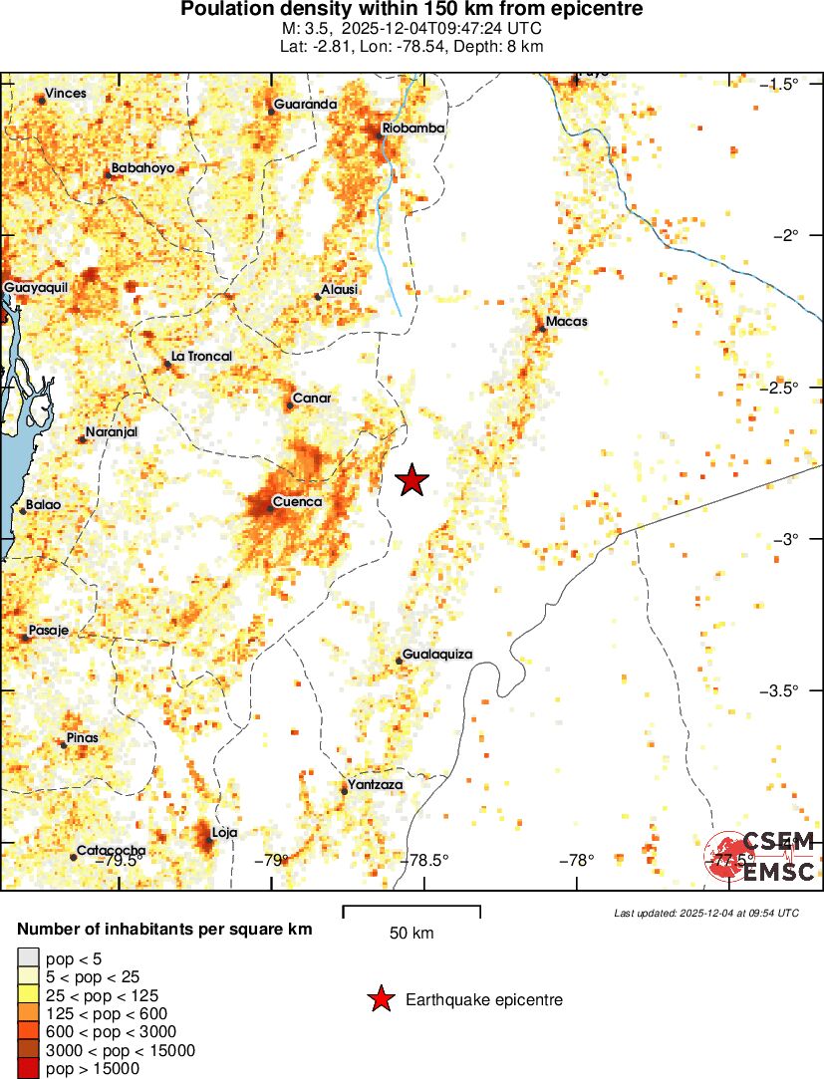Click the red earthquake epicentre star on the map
[412, 480]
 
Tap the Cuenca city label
[297, 502]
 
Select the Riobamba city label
[413, 129]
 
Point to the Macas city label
[566, 322]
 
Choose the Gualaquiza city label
[436, 655]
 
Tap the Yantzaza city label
[375, 785]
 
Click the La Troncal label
[201, 357]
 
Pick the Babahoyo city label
[142, 168]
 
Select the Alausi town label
[339, 290]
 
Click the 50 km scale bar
[412, 909]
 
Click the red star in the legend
[380, 999]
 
